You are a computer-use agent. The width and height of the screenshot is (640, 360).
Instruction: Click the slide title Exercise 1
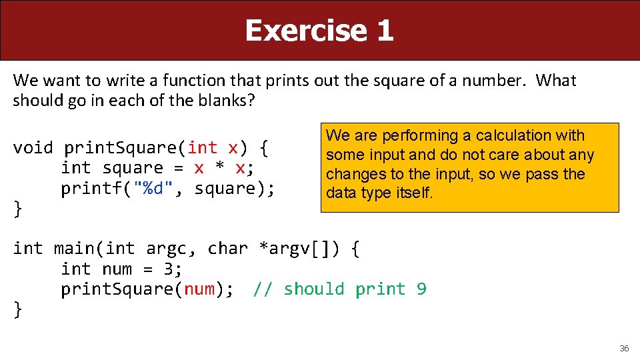[x=319, y=31]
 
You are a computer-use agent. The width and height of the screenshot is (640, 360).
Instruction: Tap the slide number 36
[x=624, y=348]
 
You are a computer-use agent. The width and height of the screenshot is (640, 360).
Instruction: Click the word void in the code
[x=33, y=147]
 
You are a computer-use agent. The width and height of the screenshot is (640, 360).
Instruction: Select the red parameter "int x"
[x=213, y=147]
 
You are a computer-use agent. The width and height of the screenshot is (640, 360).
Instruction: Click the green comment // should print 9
[x=339, y=289]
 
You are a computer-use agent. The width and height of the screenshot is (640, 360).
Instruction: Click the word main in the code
[x=74, y=249]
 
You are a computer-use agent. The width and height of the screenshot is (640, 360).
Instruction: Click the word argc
[x=167, y=249]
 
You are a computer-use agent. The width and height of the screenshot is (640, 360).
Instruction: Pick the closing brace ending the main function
[x=17, y=310]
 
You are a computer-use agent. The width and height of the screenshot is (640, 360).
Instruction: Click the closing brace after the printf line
[x=17, y=209]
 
